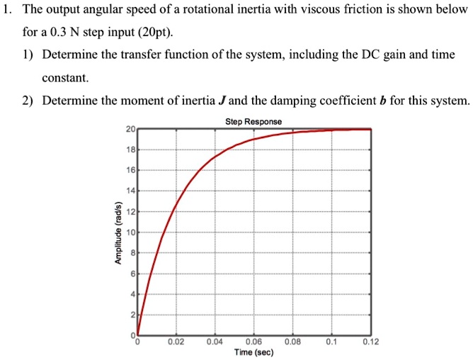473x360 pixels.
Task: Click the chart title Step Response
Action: point(253,122)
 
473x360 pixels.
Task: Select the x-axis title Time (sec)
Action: point(253,352)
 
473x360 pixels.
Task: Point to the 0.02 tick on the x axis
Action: point(177,342)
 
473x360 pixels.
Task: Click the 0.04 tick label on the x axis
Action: point(215,342)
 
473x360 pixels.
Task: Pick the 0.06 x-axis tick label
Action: point(253,342)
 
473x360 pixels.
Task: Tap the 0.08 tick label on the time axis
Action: point(292,342)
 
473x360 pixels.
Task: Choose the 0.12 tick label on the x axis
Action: point(370,342)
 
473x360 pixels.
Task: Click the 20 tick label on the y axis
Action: point(130,129)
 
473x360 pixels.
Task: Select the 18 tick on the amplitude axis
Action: point(130,150)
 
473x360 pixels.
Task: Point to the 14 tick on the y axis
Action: point(130,191)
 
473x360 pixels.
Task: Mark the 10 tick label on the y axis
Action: point(130,232)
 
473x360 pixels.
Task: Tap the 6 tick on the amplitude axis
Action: point(132,274)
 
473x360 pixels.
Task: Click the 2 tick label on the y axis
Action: point(132,315)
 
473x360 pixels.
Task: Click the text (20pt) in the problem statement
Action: point(153,33)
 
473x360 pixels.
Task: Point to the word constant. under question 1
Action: point(66,77)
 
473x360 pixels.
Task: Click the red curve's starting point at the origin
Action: point(138,334)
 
